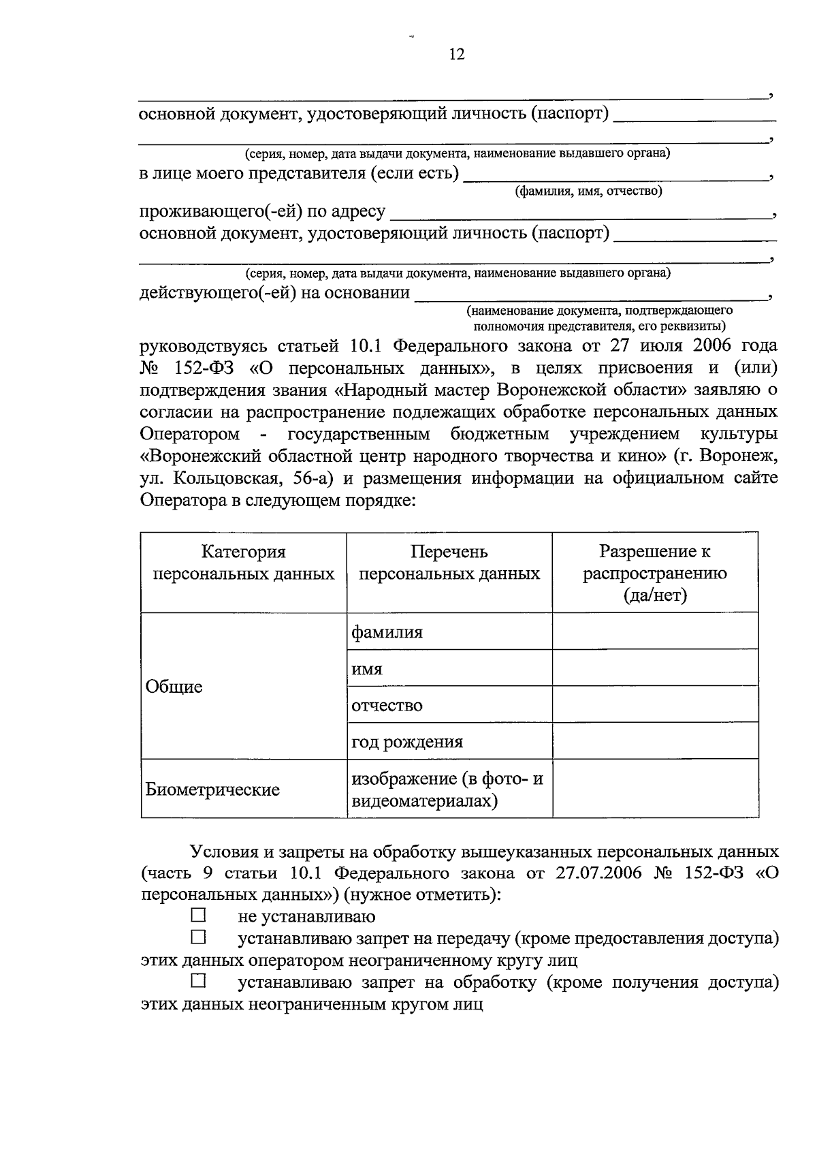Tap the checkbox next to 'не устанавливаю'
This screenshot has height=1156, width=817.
[x=198, y=915]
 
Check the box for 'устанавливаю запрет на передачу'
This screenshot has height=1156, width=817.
[x=198, y=937]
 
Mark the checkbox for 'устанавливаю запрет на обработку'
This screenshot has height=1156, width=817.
[x=198, y=982]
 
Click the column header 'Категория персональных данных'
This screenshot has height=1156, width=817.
[x=243, y=563]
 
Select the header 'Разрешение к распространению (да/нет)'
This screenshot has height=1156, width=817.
[x=654, y=573]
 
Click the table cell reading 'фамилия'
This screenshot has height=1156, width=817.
[x=387, y=632]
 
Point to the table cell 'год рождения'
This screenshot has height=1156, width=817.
[x=406, y=742]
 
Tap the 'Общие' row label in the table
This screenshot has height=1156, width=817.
[x=174, y=687]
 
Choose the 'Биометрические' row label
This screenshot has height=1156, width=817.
[x=212, y=790]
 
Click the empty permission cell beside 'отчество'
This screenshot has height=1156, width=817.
[x=655, y=704]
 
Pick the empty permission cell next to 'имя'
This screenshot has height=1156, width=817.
[x=655, y=668]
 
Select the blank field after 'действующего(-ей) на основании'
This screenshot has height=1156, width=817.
[x=590, y=294]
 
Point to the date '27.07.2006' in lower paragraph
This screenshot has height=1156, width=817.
[x=598, y=873]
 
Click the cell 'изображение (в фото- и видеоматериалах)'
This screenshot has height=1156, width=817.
[x=447, y=790]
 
